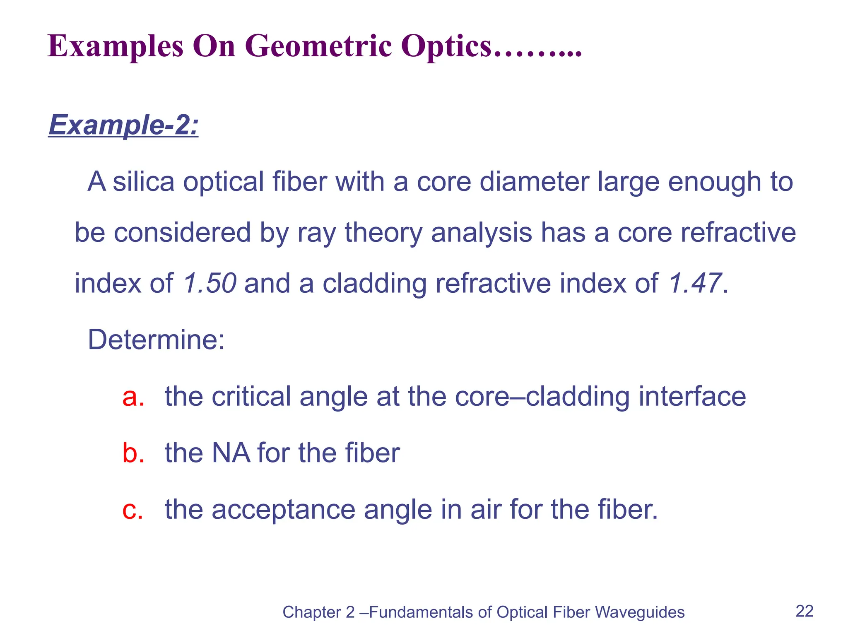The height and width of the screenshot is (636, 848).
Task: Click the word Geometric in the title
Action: point(318,46)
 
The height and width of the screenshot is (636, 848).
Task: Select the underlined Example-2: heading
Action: point(123,125)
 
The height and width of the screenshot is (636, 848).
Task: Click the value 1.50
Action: point(210,283)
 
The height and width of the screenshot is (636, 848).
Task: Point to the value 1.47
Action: point(695,283)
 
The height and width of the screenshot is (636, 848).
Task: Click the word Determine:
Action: point(156,340)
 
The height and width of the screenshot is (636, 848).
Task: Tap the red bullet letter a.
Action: point(133,396)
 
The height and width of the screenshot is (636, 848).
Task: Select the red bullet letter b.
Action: point(133,453)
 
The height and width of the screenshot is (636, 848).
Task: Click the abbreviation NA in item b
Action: point(231,453)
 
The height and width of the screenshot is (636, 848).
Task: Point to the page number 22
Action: point(804,611)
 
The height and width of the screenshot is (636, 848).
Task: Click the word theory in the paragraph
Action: point(383,233)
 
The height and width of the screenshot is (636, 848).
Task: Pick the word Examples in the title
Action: point(116,46)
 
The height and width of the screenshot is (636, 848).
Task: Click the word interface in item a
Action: point(692,396)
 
